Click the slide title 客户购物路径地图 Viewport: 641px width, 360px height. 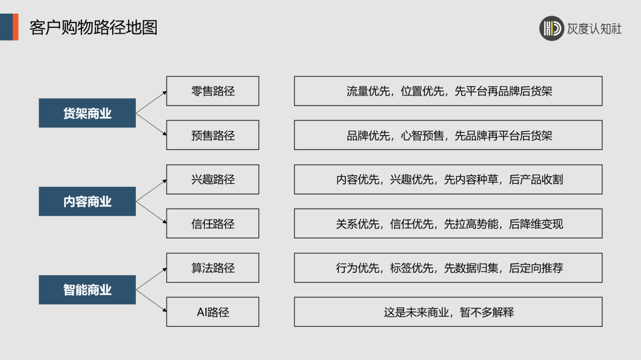[94, 27]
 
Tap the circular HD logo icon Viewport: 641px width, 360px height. [551, 28]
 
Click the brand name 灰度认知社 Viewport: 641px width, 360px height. [594, 28]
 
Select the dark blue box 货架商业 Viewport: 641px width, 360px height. [87, 113]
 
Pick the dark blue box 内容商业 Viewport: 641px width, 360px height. [87, 202]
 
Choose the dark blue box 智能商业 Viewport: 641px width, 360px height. [87, 290]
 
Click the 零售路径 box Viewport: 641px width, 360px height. [212, 91]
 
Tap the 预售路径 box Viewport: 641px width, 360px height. [212, 135]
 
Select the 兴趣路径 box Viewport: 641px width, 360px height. [212, 180]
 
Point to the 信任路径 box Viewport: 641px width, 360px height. [212, 224]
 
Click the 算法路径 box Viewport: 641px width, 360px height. [212, 268]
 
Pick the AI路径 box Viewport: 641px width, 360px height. [212, 312]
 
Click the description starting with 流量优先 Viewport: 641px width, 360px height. [448, 91]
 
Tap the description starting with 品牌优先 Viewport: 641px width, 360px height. [448, 135]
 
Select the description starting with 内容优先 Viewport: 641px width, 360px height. [448, 180]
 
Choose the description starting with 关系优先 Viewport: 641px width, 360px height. [448, 224]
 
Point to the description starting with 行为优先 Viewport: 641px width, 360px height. [448, 268]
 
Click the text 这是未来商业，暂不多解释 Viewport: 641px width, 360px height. [448, 312]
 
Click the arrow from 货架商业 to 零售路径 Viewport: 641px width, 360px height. [151, 103]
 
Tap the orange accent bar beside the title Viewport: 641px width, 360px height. [15, 27]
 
